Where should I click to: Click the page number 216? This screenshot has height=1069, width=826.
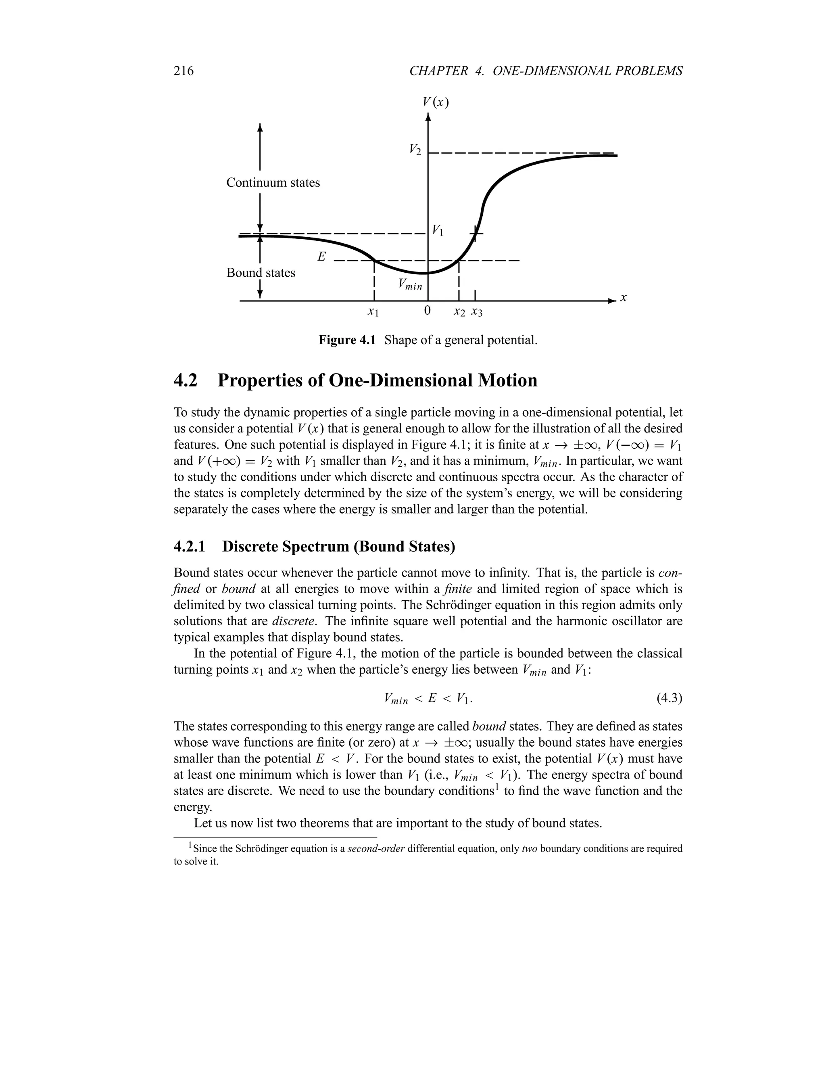[184, 71]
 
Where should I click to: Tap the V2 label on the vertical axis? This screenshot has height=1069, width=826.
[415, 150]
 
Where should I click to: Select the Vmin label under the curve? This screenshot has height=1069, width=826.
[410, 284]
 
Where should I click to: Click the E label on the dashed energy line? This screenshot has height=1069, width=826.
[321, 257]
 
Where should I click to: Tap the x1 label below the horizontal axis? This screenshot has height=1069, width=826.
[373, 311]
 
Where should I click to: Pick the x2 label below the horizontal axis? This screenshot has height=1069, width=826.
[459, 311]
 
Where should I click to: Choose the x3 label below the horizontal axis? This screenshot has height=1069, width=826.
[476, 311]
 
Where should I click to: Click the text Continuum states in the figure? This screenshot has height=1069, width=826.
[273, 183]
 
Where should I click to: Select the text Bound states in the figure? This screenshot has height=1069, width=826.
[261, 273]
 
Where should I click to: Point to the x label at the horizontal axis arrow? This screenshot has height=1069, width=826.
[624, 298]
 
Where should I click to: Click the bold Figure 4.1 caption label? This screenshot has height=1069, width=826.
[346, 340]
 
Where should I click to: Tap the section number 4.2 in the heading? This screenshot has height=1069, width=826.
[186, 381]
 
